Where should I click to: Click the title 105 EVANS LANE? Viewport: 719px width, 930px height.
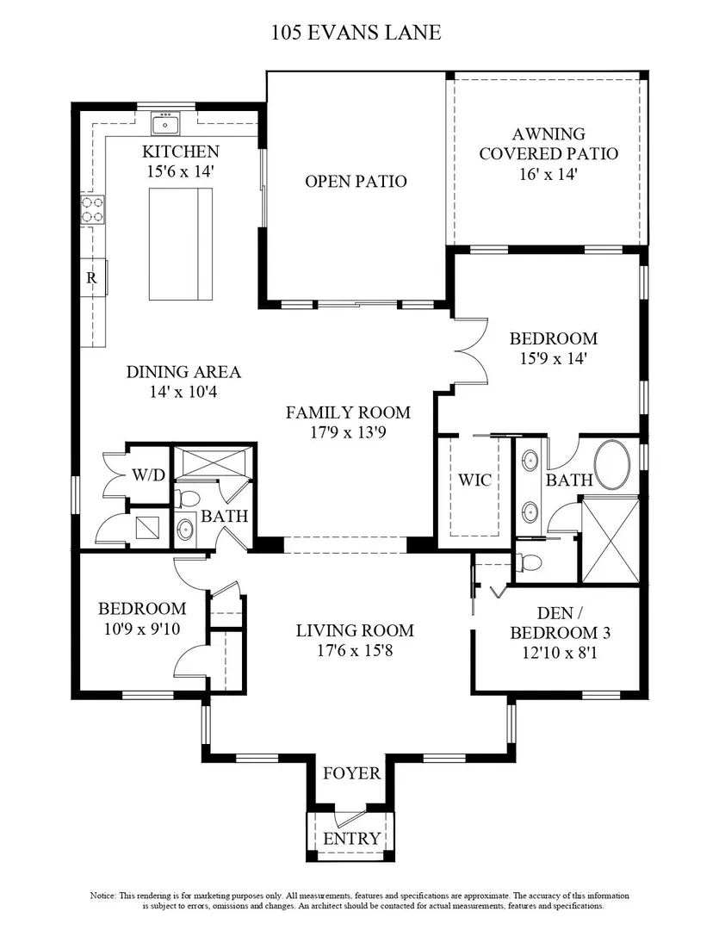pyautogui.click(x=356, y=32)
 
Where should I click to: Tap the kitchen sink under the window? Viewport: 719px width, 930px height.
pyautogui.click(x=165, y=125)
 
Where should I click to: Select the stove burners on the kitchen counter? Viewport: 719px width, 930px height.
pyautogui.click(x=92, y=209)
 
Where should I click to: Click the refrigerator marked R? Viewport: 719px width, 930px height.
pyautogui.click(x=93, y=277)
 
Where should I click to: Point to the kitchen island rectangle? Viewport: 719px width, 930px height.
pyautogui.click(x=180, y=245)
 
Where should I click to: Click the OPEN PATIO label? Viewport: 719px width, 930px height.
pyautogui.click(x=356, y=181)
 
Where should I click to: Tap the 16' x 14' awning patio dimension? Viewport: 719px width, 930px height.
pyautogui.click(x=549, y=174)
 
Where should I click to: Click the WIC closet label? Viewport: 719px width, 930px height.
pyautogui.click(x=474, y=480)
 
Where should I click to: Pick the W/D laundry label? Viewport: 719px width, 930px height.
pyautogui.click(x=148, y=474)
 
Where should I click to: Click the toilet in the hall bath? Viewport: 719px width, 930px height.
pyautogui.click(x=189, y=497)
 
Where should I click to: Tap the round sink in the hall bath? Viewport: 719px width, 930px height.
pyautogui.click(x=185, y=527)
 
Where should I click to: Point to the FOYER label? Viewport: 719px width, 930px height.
pyautogui.click(x=352, y=772)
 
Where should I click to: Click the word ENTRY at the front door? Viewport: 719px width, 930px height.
pyautogui.click(x=352, y=838)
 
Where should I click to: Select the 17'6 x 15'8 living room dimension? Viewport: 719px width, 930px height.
pyautogui.click(x=355, y=650)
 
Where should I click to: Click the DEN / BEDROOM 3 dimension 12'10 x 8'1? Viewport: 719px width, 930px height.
pyautogui.click(x=560, y=653)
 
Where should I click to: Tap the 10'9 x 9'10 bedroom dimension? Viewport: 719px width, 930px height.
pyautogui.click(x=142, y=628)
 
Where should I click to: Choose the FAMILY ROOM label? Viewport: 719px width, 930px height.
pyautogui.click(x=348, y=412)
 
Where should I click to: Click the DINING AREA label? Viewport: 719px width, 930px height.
pyautogui.click(x=183, y=372)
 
